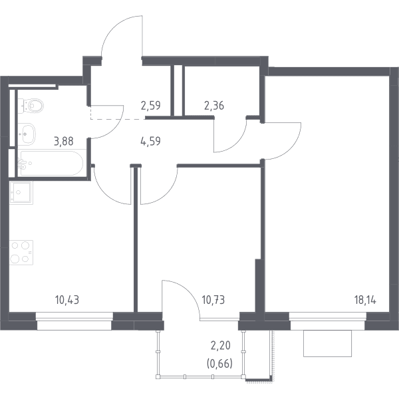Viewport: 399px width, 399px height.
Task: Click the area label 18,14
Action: coord(365,301)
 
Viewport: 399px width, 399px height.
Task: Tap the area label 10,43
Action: coord(67,301)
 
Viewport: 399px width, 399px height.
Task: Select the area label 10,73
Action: coord(213,301)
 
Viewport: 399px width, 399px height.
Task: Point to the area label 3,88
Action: coord(64,141)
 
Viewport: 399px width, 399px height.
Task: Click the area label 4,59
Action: coord(150,141)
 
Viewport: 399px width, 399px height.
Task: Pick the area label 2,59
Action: coord(151,105)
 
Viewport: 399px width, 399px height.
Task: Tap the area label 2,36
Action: coord(214,105)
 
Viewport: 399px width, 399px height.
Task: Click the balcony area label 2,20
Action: coord(220,346)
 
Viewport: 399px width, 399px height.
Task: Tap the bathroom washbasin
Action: coord(27,134)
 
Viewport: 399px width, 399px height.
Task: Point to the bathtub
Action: coord(52,163)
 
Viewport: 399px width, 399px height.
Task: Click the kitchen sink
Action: coord(21,192)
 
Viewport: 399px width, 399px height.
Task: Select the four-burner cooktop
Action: coord(21,253)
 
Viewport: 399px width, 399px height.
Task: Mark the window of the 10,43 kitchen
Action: coord(74,321)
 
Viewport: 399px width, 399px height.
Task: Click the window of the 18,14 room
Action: coord(328,321)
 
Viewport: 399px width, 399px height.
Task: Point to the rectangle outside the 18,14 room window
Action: coord(327,343)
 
